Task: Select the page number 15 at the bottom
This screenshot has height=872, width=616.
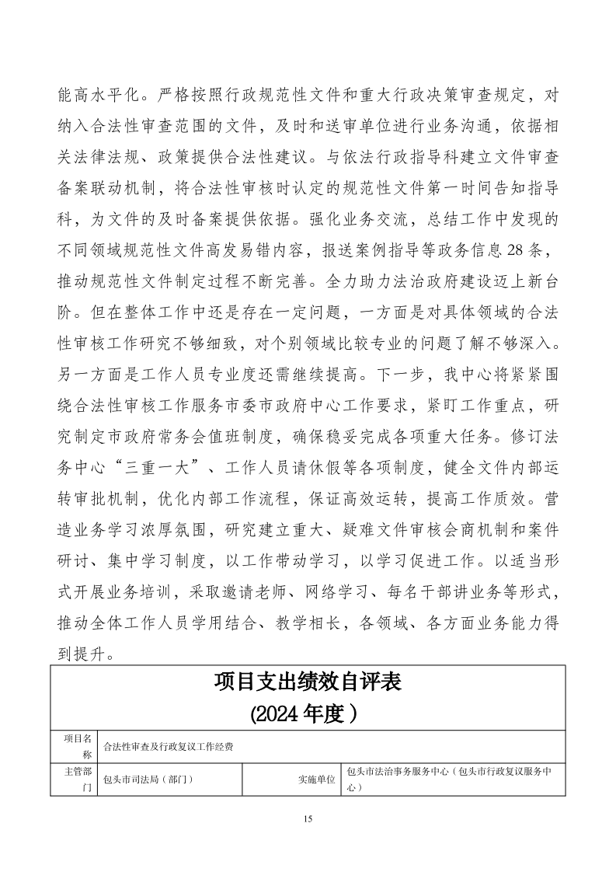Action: point(308,818)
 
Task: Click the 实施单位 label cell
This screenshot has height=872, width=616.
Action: point(316,779)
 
